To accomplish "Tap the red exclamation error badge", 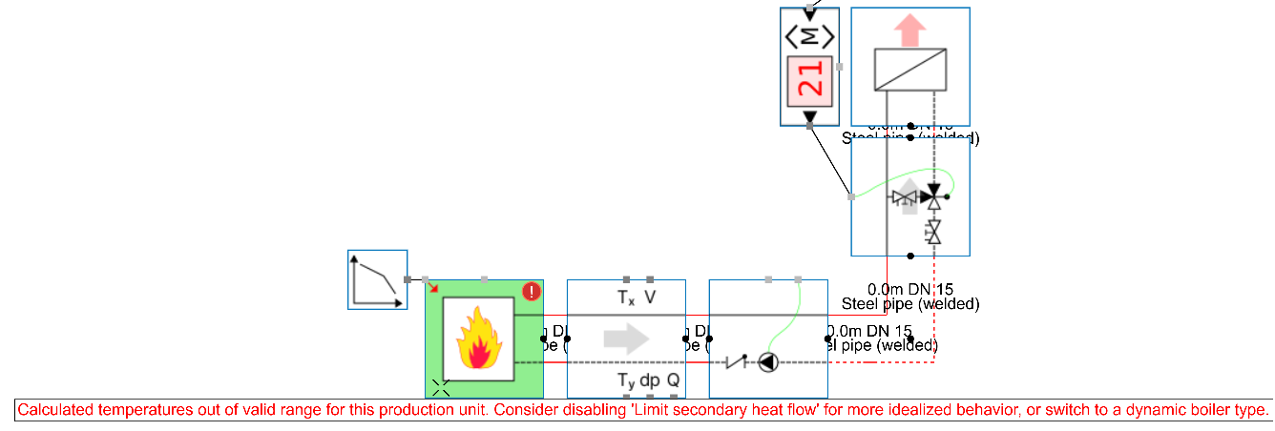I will tap(532, 292).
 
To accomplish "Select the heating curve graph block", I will tap(377, 279).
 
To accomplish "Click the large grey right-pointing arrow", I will tap(625, 339).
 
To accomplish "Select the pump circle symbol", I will tap(767, 362).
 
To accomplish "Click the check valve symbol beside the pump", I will tap(735, 361).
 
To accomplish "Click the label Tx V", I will tap(636, 298).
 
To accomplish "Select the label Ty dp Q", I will tap(648, 380).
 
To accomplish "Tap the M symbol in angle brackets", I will tap(809, 36).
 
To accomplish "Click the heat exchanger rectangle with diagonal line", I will tap(910, 71).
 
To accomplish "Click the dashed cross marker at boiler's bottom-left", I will tap(440, 387).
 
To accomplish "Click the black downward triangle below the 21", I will tap(809, 116).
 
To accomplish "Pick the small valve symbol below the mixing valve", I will tap(934, 231).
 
